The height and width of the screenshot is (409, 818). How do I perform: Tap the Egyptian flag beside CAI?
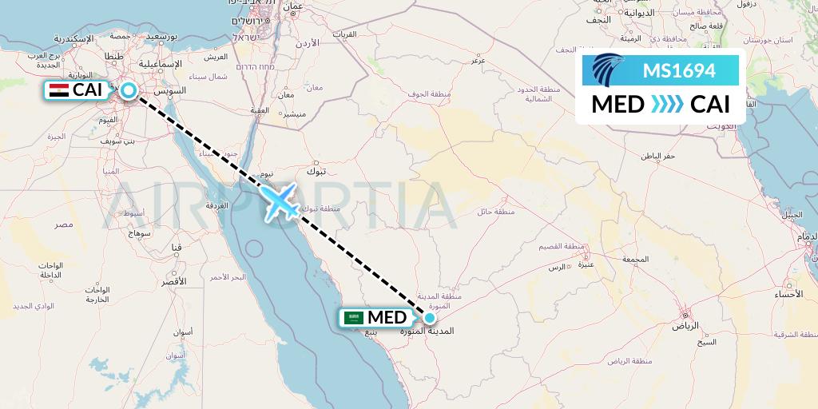pyautogui.click(x=58, y=90)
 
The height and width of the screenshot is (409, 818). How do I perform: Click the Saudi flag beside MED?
pyautogui.click(x=353, y=318)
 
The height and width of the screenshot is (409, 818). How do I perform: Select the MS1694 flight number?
pyautogui.click(x=679, y=71)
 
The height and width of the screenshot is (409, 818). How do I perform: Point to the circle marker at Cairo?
pyautogui.click(x=128, y=91)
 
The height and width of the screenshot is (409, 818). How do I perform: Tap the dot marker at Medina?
pyautogui.click(x=430, y=318)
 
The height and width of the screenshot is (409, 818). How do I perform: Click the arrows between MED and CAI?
pyautogui.click(x=667, y=105)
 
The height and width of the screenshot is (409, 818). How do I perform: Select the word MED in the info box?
pyautogui.click(x=617, y=105)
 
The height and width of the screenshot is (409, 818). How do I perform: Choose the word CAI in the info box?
pyautogui.click(x=709, y=105)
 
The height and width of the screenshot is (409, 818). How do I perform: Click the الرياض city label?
pyautogui.click(x=685, y=326)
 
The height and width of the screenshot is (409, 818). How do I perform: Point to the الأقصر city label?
pyautogui.click(x=173, y=282)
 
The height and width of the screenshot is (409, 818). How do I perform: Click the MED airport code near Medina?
pyautogui.click(x=387, y=318)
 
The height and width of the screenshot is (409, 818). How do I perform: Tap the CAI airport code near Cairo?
pyautogui.click(x=87, y=90)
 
